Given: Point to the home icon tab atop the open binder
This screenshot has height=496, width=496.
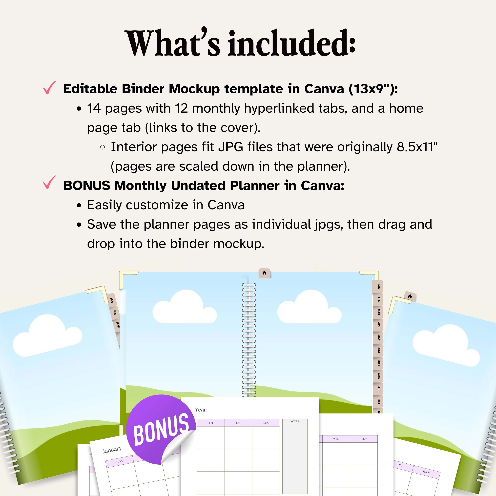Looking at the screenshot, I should [264, 273].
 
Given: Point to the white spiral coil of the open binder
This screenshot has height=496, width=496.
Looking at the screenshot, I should [249, 339].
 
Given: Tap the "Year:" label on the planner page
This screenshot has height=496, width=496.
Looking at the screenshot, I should [201, 410].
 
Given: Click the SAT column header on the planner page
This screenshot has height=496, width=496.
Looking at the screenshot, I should [238, 423].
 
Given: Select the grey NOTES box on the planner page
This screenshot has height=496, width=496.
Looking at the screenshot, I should [295, 457].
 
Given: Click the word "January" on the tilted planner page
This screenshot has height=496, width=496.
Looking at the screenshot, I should [112, 450].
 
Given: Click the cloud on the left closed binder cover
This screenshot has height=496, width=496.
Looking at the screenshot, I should [47, 335].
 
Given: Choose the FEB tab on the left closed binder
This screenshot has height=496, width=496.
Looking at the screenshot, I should [115, 313].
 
